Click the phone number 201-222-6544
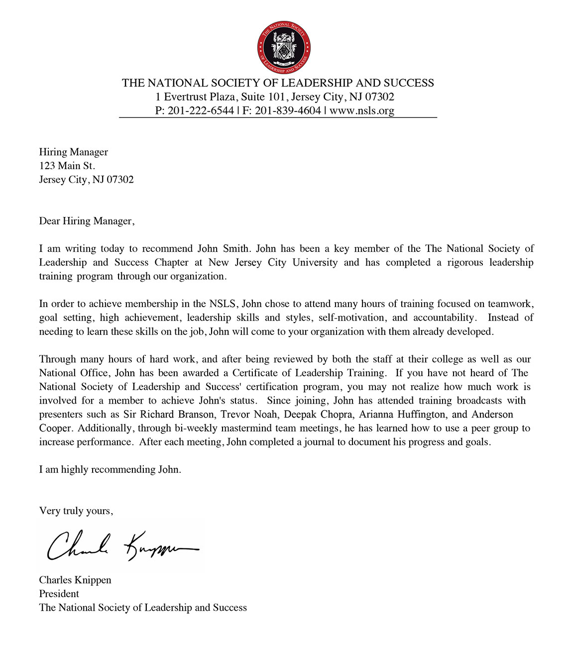click(201, 110)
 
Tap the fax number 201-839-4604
click(288, 110)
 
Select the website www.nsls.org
click(361, 110)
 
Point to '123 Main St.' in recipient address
click(67, 166)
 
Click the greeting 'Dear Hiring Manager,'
click(87, 221)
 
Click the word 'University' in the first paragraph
click(315, 262)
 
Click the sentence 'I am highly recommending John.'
click(110, 469)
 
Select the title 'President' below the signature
click(59, 594)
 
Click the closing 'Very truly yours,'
click(76, 511)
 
